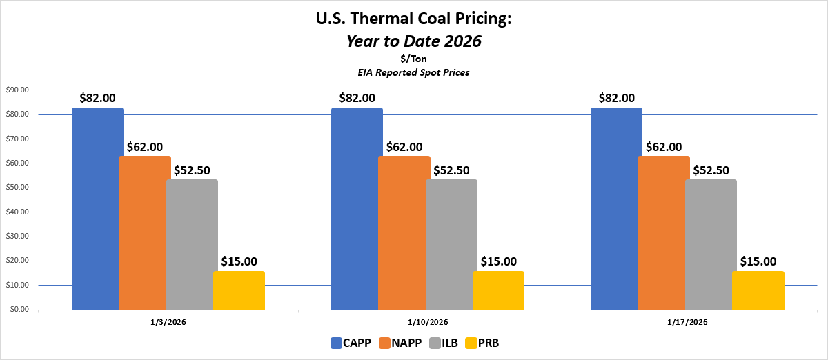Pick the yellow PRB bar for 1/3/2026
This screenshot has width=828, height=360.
coord(239,290)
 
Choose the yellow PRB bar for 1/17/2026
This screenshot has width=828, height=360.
coord(758,290)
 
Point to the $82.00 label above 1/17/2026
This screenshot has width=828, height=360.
coord(617,99)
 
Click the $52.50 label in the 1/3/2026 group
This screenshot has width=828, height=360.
coord(193,170)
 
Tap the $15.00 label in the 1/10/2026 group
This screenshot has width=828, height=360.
coord(498,261)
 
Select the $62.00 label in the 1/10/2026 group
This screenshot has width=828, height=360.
coord(404,147)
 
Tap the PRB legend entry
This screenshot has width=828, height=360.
coord(482,342)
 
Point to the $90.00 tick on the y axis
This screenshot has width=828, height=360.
coord(17,90)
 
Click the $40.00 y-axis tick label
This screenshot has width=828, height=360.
coord(17,212)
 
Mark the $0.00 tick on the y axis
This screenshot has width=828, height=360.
coord(18,309)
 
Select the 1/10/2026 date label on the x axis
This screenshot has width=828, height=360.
coord(427,322)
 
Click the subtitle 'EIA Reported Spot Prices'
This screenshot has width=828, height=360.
coord(413,72)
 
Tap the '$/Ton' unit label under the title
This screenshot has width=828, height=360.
coord(413,59)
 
